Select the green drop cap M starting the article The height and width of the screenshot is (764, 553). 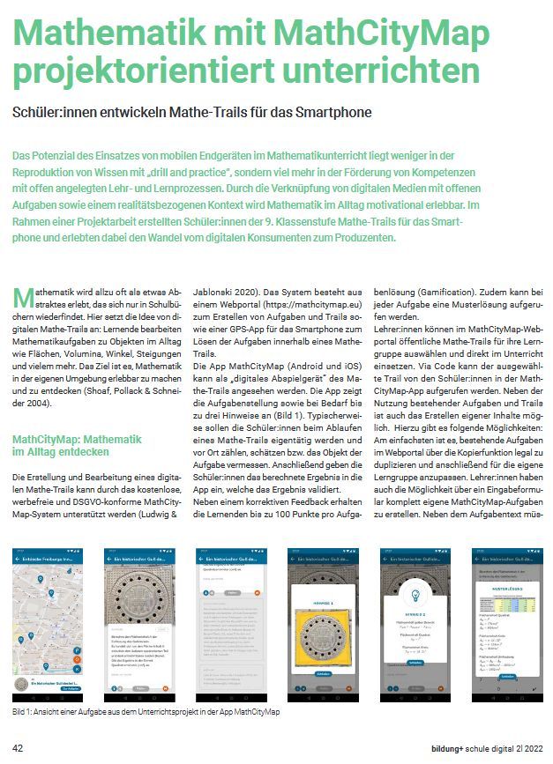(x=22, y=296)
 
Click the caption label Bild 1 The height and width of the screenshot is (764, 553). (x=23, y=710)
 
